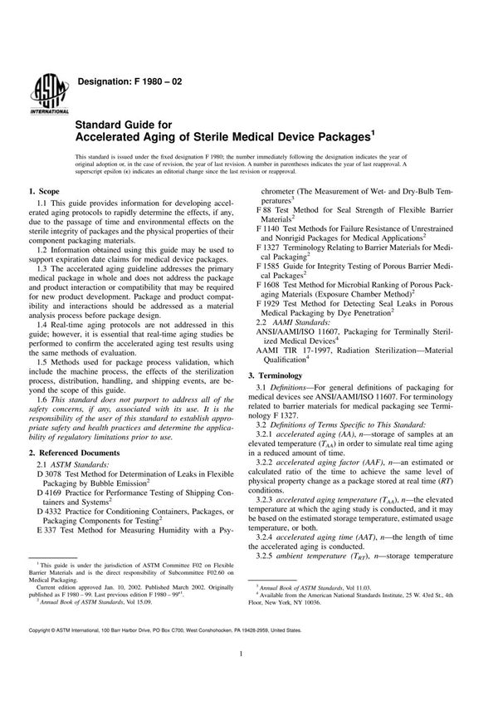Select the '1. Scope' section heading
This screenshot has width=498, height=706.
(x=48, y=192)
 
